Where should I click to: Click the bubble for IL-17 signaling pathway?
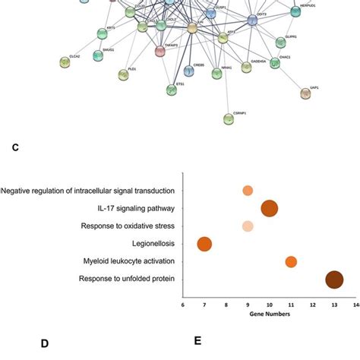point(269,208)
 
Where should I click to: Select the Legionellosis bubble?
point(204,244)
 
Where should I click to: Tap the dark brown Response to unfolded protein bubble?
point(334,279)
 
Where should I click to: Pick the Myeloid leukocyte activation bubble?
point(291,262)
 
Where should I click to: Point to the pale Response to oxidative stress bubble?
point(248,226)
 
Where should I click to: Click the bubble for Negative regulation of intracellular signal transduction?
point(248,191)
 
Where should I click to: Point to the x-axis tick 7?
point(204,305)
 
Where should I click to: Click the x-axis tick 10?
point(269,305)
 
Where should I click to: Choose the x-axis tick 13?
point(334,305)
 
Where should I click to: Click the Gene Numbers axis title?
point(270,314)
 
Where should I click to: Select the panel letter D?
point(45,343)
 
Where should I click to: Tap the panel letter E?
point(197,341)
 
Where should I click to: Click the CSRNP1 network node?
point(229,119)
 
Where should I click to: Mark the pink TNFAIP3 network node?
point(159,51)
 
